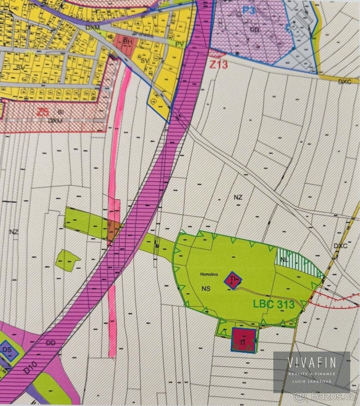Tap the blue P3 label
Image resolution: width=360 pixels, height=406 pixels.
click(x=248, y=10)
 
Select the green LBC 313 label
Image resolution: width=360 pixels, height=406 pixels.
click(x=273, y=303)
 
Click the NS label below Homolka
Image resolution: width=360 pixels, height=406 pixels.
click(x=206, y=289)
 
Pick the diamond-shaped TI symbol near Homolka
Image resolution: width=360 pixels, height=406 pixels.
click(x=233, y=280)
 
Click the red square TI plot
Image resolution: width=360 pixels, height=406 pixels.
click(x=243, y=340)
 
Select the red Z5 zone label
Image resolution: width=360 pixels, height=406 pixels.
click(x=42, y=112)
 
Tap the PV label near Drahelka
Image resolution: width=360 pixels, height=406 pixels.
click(x=180, y=44)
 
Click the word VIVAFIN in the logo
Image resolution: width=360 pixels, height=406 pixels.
click(x=312, y=362)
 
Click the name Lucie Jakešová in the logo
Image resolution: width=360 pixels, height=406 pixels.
click(x=312, y=381)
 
